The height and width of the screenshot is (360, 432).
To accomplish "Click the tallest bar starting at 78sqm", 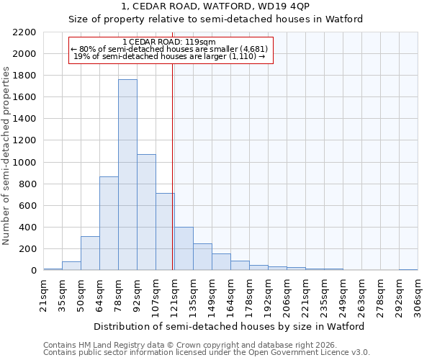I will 127,175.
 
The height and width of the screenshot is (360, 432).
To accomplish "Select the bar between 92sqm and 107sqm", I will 146,212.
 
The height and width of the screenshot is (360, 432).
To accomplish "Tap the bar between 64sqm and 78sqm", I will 109,223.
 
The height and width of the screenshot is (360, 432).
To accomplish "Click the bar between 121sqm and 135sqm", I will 184,249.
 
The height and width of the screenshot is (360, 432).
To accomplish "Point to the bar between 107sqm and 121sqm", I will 165,232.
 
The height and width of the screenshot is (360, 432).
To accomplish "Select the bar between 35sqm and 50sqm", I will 71,266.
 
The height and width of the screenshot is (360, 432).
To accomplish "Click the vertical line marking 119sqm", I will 173,166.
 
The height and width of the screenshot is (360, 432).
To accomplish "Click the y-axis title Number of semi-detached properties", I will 7,156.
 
